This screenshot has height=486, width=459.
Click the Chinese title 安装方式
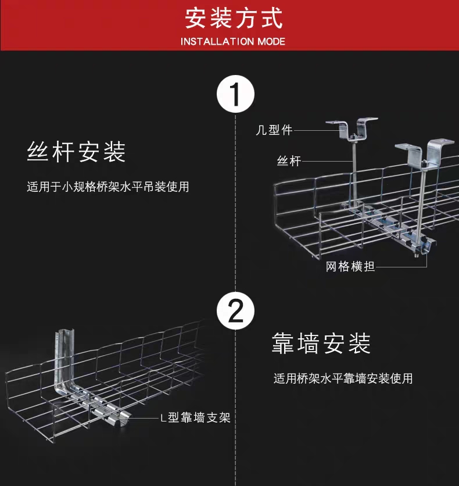pyautogui.click(x=234, y=17)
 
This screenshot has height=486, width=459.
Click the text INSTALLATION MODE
pyautogui.click(x=233, y=42)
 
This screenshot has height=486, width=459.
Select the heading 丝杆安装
pyautogui.click(x=77, y=152)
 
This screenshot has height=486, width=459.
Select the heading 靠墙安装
pyautogui.click(x=321, y=344)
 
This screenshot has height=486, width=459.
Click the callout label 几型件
pyautogui.click(x=274, y=130)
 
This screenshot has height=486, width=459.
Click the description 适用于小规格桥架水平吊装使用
pyautogui.click(x=108, y=187)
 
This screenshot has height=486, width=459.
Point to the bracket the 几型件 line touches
pyautogui.click(x=351, y=129)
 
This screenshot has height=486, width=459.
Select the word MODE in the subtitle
pyautogui.click(x=271, y=42)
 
